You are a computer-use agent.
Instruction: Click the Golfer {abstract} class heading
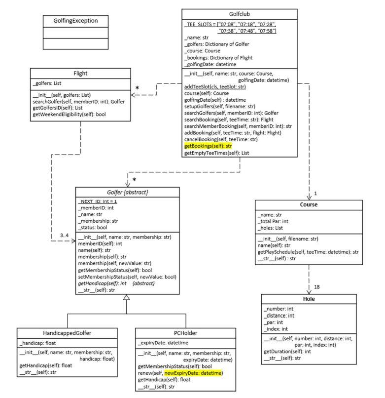127,192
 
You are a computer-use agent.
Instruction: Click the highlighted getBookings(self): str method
208,147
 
